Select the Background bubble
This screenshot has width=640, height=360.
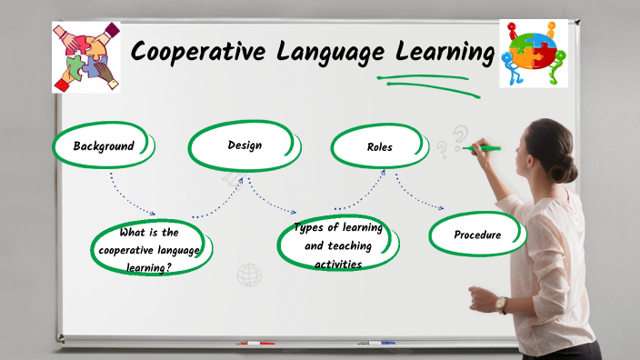[104, 145]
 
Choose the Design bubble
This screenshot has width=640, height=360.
[244, 145]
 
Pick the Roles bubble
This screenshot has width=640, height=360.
[379, 146]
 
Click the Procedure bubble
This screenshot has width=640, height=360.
[477, 235]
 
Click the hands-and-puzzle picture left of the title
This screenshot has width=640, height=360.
[86, 57]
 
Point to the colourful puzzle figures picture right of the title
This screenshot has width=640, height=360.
[534, 54]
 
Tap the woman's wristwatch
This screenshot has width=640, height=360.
[501, 305]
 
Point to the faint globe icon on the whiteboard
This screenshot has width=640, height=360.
[249, 275]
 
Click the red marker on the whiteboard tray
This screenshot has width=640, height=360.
[256, 344]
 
